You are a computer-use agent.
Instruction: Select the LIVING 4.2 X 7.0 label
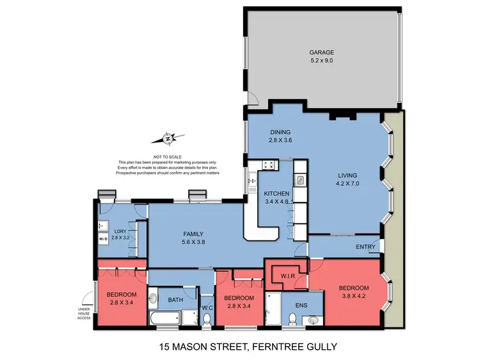click(x=348, y=180)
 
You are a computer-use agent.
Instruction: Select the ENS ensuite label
click(x=301, y=305)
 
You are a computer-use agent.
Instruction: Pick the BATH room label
click(x=175, y=299)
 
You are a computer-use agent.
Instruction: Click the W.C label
click(x=206, y=308)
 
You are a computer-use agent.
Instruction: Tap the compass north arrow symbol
click(x=168, y=138)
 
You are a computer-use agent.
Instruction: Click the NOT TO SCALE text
click(x=168, y=157)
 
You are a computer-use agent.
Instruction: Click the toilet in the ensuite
click(x=294, y=320)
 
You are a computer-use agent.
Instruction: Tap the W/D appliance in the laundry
click(x=104, y=240)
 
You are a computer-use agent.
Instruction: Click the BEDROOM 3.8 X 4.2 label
click(x=354, y=292)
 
